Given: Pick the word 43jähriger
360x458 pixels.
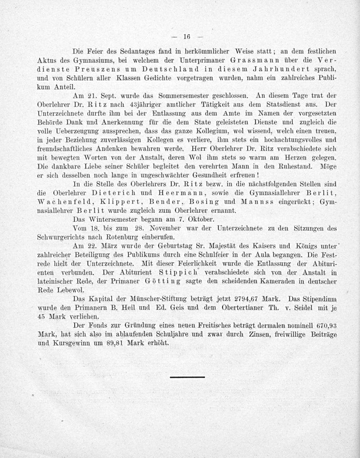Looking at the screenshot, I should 139,105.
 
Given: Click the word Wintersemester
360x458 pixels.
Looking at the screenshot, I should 110,219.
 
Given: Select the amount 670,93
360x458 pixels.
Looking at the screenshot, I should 325,325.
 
